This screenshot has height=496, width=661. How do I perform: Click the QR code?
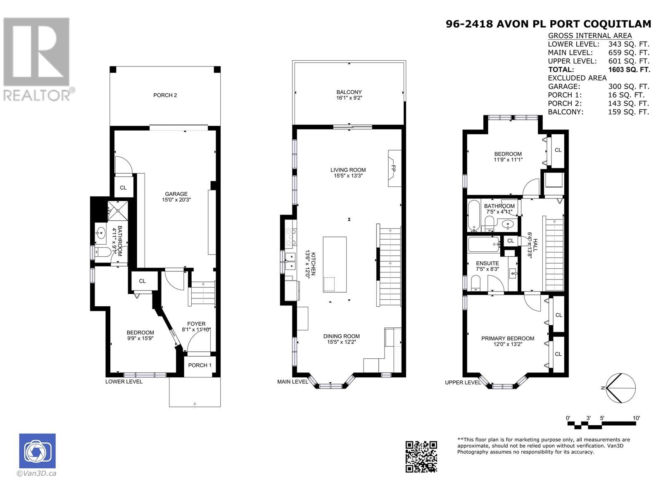(x=421, y=456)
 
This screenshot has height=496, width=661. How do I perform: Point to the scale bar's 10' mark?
(x=636, y=418)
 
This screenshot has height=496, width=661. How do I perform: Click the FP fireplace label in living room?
(x=394, y=169)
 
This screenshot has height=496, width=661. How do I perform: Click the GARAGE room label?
(x=176, y=194)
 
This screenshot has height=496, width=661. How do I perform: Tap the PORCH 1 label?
(x=200, y=365)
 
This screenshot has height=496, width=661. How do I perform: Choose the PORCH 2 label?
(x=165, y=95)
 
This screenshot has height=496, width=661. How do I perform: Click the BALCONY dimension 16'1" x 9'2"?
(x=349, y=98)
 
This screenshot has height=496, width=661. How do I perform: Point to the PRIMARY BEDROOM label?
(x=508, y=338)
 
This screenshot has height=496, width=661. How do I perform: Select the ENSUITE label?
(x=487, y=263)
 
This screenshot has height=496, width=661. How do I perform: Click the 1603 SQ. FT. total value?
(x=629, y=69)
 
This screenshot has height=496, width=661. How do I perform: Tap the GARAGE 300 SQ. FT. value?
(x=628, y=86)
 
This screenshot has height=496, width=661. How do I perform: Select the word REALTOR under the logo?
(x=37, y=95)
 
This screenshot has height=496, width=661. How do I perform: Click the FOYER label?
(x=196, y=324)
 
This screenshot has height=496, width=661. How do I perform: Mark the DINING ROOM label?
(x=341, y=336)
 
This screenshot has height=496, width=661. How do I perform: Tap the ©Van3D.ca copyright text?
(x=36, y=474)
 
